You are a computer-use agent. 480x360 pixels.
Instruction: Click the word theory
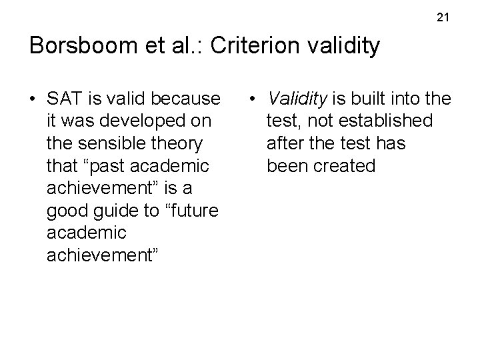pos(180,145)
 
